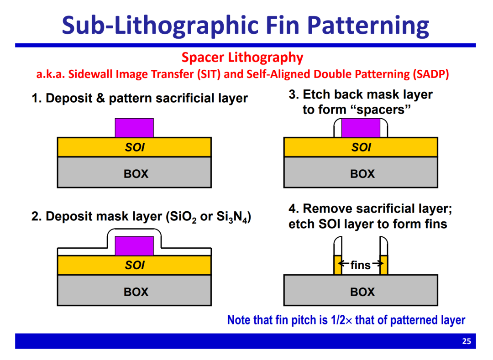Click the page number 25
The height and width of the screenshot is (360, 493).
point(467,341)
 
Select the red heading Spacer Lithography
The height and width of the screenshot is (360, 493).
point(242,57)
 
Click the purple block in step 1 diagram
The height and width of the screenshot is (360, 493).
point(134,128)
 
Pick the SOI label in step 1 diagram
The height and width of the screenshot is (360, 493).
point(135,147)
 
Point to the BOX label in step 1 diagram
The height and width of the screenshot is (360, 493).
point(136,174)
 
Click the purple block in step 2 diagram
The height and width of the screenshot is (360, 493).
point(134,246)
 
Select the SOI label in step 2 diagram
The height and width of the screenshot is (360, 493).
point(135,265)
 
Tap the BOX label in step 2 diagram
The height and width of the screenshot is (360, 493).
point(136,292)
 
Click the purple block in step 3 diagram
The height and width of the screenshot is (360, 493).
point(361,128)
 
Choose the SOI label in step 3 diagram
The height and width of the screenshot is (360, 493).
point(361,147)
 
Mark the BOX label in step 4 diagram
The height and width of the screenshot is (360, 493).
point(362,292)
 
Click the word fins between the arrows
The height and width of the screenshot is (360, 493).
point(361,265)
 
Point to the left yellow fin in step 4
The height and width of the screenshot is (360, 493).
point(338,265)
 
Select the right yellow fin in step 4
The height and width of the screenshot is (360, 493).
point(383,265)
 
